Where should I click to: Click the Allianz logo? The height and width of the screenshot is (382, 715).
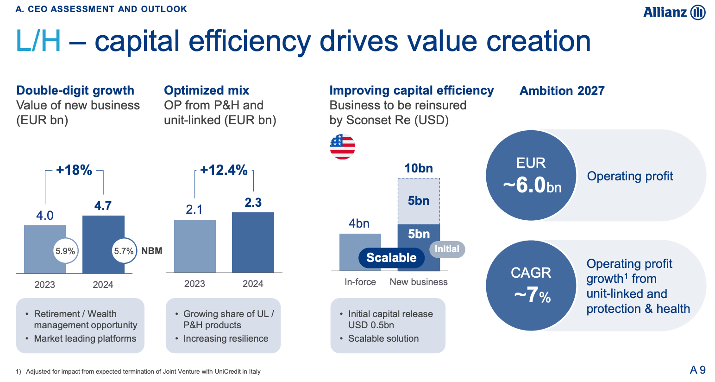[674, 12]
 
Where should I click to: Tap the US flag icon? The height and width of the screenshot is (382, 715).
[342, 146]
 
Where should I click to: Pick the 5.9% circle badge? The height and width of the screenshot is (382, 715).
[65, 251]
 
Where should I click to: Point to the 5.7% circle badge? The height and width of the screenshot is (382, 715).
[124, 251]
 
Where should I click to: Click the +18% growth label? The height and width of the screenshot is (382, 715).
[74, 170]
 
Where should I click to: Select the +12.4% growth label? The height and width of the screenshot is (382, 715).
[224, 170]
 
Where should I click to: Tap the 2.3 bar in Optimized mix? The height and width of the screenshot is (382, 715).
[253, 242]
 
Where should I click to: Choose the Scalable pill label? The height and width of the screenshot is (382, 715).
[391, 258]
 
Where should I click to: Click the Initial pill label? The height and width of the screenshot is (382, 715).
[447, 249]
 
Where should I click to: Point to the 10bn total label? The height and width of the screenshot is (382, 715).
[419, 168]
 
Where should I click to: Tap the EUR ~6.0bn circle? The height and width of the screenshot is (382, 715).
[531, 175]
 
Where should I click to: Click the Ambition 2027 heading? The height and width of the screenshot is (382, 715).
[562, 91]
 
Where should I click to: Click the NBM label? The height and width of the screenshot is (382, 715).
[152, 251]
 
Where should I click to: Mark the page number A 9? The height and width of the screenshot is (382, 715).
[697, 369]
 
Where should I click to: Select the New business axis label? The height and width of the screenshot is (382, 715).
[419, 282]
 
